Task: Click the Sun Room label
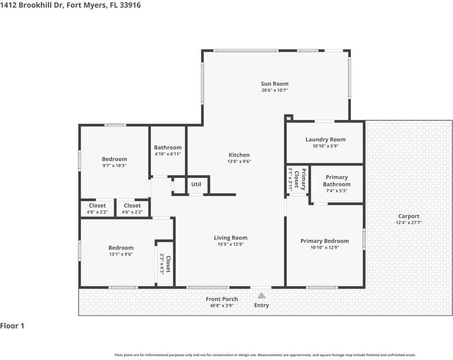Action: coord(275,84)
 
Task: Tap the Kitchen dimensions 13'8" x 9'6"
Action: coord(239,162)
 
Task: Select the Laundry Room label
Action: coord(325,140)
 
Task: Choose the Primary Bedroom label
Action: coord(325,241)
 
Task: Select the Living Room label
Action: coord(231,238)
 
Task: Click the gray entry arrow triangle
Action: coord(261,296)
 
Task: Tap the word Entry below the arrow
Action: coord(261,306)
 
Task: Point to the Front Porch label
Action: coord(222,299)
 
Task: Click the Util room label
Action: coord(196,185)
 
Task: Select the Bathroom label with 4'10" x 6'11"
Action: coord(167,147)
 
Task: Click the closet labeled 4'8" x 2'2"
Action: coord(97,206)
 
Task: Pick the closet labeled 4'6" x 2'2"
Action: coord(132,206)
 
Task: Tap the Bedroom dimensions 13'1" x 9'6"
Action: coord(120,254)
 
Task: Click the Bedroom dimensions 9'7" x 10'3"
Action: coord(114,165)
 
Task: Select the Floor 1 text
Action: coord(12,326)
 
